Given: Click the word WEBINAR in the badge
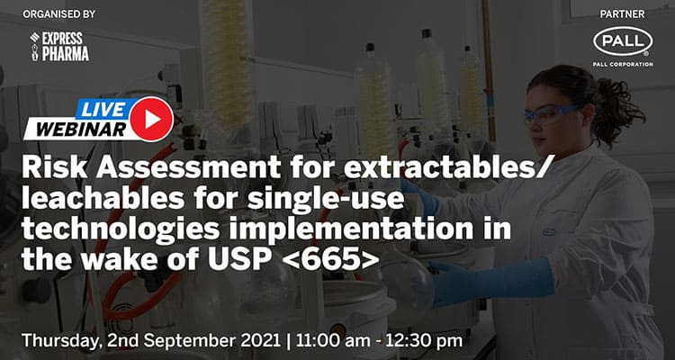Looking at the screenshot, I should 75,129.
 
